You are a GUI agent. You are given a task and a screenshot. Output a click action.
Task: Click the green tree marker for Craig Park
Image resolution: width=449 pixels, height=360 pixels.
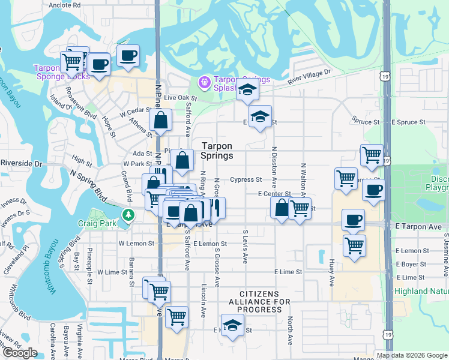coord(127,215)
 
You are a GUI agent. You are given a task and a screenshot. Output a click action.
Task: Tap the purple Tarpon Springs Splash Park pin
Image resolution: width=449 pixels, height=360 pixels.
coord(204,80)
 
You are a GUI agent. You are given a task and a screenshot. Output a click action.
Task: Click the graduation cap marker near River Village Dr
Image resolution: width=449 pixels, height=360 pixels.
coord(246,90)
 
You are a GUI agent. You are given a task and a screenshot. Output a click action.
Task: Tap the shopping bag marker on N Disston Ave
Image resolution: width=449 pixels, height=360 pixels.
coord(281,208)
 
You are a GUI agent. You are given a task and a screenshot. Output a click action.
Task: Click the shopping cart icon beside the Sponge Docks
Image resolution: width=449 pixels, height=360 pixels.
coord(71,61)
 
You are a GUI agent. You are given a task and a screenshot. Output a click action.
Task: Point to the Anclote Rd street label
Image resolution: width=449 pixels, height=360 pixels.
coord(65,4)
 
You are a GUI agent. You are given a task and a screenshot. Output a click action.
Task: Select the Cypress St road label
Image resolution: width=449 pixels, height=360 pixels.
coord(246,179)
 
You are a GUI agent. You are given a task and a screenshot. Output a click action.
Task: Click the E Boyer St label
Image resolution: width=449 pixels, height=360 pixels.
coord(412,264)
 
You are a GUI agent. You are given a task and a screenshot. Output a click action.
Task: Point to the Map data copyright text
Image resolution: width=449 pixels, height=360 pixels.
coord(412,355)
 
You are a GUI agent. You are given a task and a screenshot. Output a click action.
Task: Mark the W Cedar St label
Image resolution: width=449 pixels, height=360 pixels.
coord(133,112)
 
